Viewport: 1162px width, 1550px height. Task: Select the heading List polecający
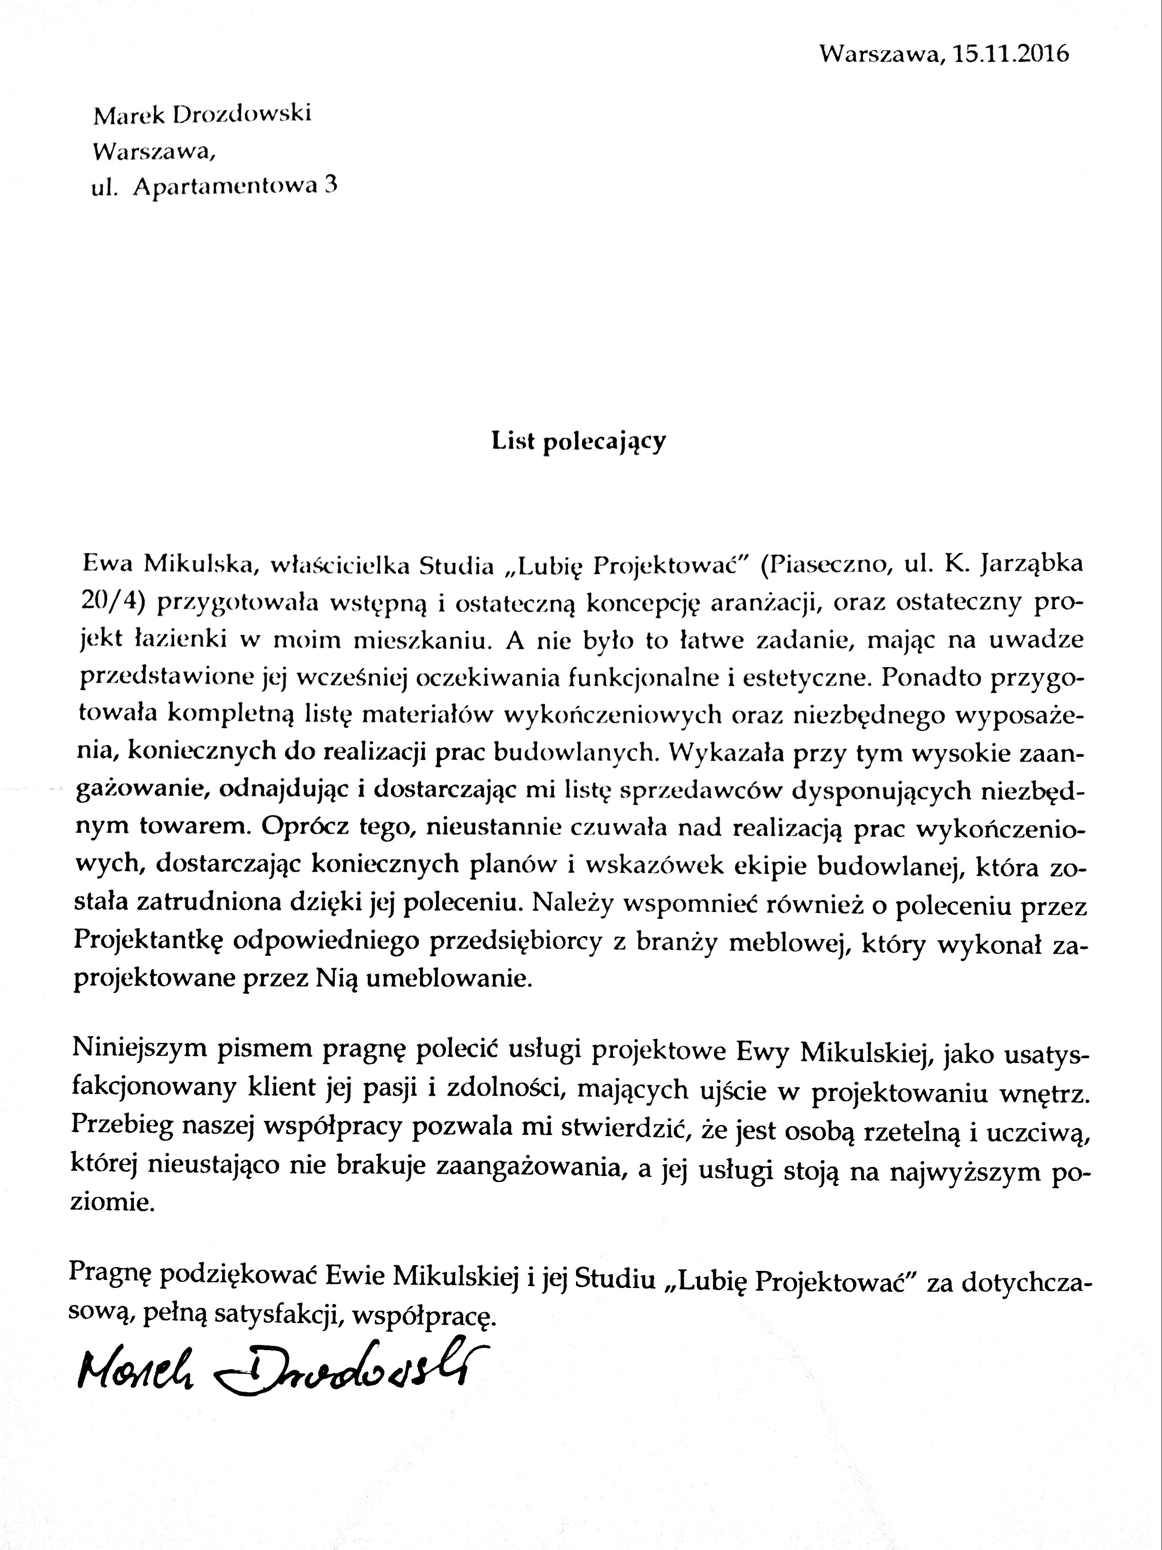coord(578,442)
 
